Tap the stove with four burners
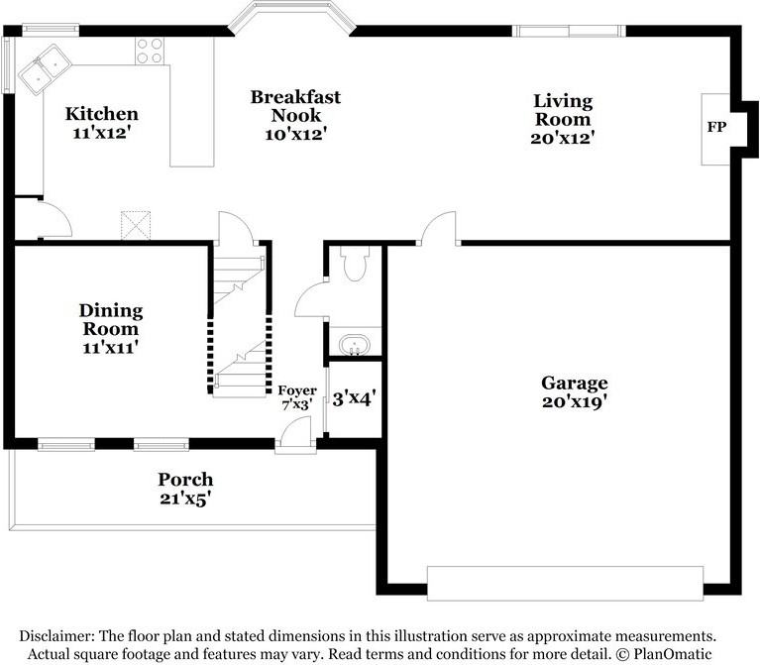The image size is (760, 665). click(150, 51)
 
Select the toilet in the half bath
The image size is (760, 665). click(355, 264)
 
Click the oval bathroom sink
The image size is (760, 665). click(355, 345)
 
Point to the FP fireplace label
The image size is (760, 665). click(716, 127)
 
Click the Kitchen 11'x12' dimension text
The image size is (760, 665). click(102, 133)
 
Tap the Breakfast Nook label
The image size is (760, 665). click(295, 106)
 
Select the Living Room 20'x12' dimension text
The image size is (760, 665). click(563, 138)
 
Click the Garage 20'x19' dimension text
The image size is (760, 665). click(575, 401)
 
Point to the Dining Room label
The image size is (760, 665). click(111, 319)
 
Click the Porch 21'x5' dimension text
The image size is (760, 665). click(185, 499)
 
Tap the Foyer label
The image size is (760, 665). click(297, 390)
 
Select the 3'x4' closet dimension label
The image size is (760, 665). click(355, 398)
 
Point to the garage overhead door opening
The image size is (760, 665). click(565, 584)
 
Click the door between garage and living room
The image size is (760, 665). click(439, 228)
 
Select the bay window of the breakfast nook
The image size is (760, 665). click(292, 18)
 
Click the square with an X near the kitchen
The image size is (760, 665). click(136, 225)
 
